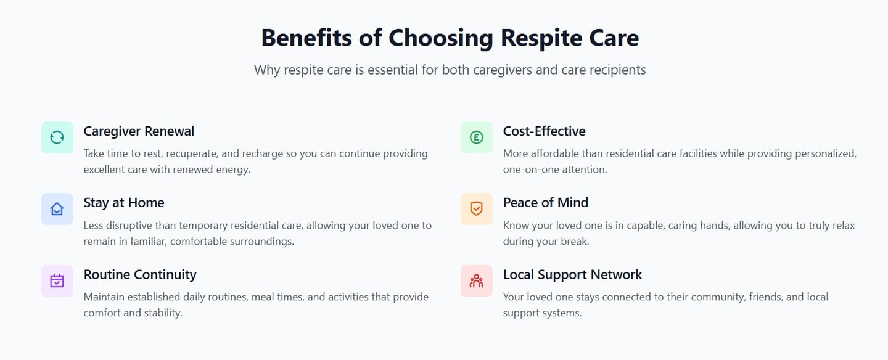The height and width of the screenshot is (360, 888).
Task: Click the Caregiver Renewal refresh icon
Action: click(57, 137)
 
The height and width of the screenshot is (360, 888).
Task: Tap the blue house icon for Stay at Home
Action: click(57, 209)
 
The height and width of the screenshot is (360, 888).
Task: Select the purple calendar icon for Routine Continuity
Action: click(57, 280)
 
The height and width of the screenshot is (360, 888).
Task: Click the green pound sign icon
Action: click(477, 137)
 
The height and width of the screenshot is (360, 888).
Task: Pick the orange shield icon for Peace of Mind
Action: click(477, 209)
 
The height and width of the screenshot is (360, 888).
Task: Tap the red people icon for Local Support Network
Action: click(477, 280)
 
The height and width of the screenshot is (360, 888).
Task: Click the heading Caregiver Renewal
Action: click(139, 131)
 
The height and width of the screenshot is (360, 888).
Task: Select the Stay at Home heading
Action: click(124, 203)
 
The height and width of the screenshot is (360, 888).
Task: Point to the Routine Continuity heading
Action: click(140, 274)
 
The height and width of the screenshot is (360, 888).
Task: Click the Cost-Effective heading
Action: click(545, 131)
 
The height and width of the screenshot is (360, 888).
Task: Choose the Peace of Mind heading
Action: click(546, 203)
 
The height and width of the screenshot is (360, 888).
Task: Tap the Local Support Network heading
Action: click(573, 274)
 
